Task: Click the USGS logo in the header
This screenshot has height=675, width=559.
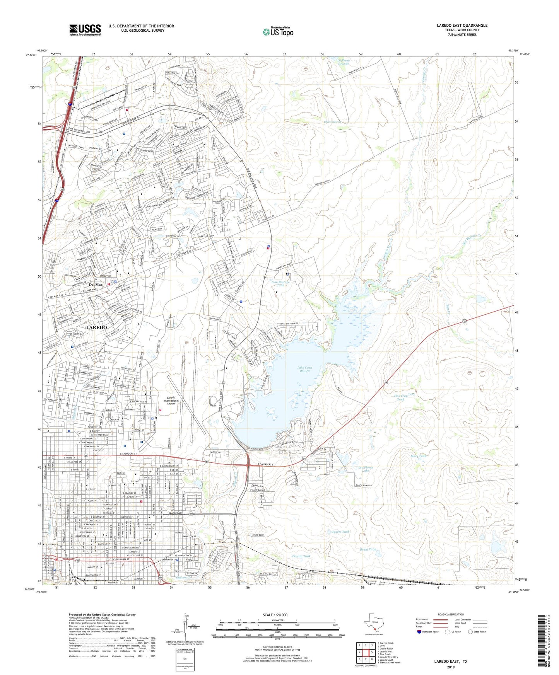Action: pos(85,30)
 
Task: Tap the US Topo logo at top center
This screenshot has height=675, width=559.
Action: pos(277,32)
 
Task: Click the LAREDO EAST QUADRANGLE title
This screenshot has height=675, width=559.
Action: pos(462,26)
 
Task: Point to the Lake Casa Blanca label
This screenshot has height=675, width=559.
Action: pos(304,369)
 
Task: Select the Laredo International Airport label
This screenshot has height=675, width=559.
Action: pos(171,401)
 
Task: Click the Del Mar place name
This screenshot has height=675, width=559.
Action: pos(96,285)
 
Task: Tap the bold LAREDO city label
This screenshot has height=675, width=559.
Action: pos(96,327)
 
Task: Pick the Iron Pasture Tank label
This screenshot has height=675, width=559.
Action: pos(280,284)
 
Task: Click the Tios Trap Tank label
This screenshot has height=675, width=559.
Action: pos(401,397)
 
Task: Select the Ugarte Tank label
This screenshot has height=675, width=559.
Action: pos(340,532)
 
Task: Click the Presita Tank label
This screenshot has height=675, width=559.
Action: pos(301,556)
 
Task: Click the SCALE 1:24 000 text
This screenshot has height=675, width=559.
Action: pos(275,615)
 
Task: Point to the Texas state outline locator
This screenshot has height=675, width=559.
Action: pos(373,623)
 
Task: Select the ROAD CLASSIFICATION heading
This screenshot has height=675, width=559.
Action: pos(451,614)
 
